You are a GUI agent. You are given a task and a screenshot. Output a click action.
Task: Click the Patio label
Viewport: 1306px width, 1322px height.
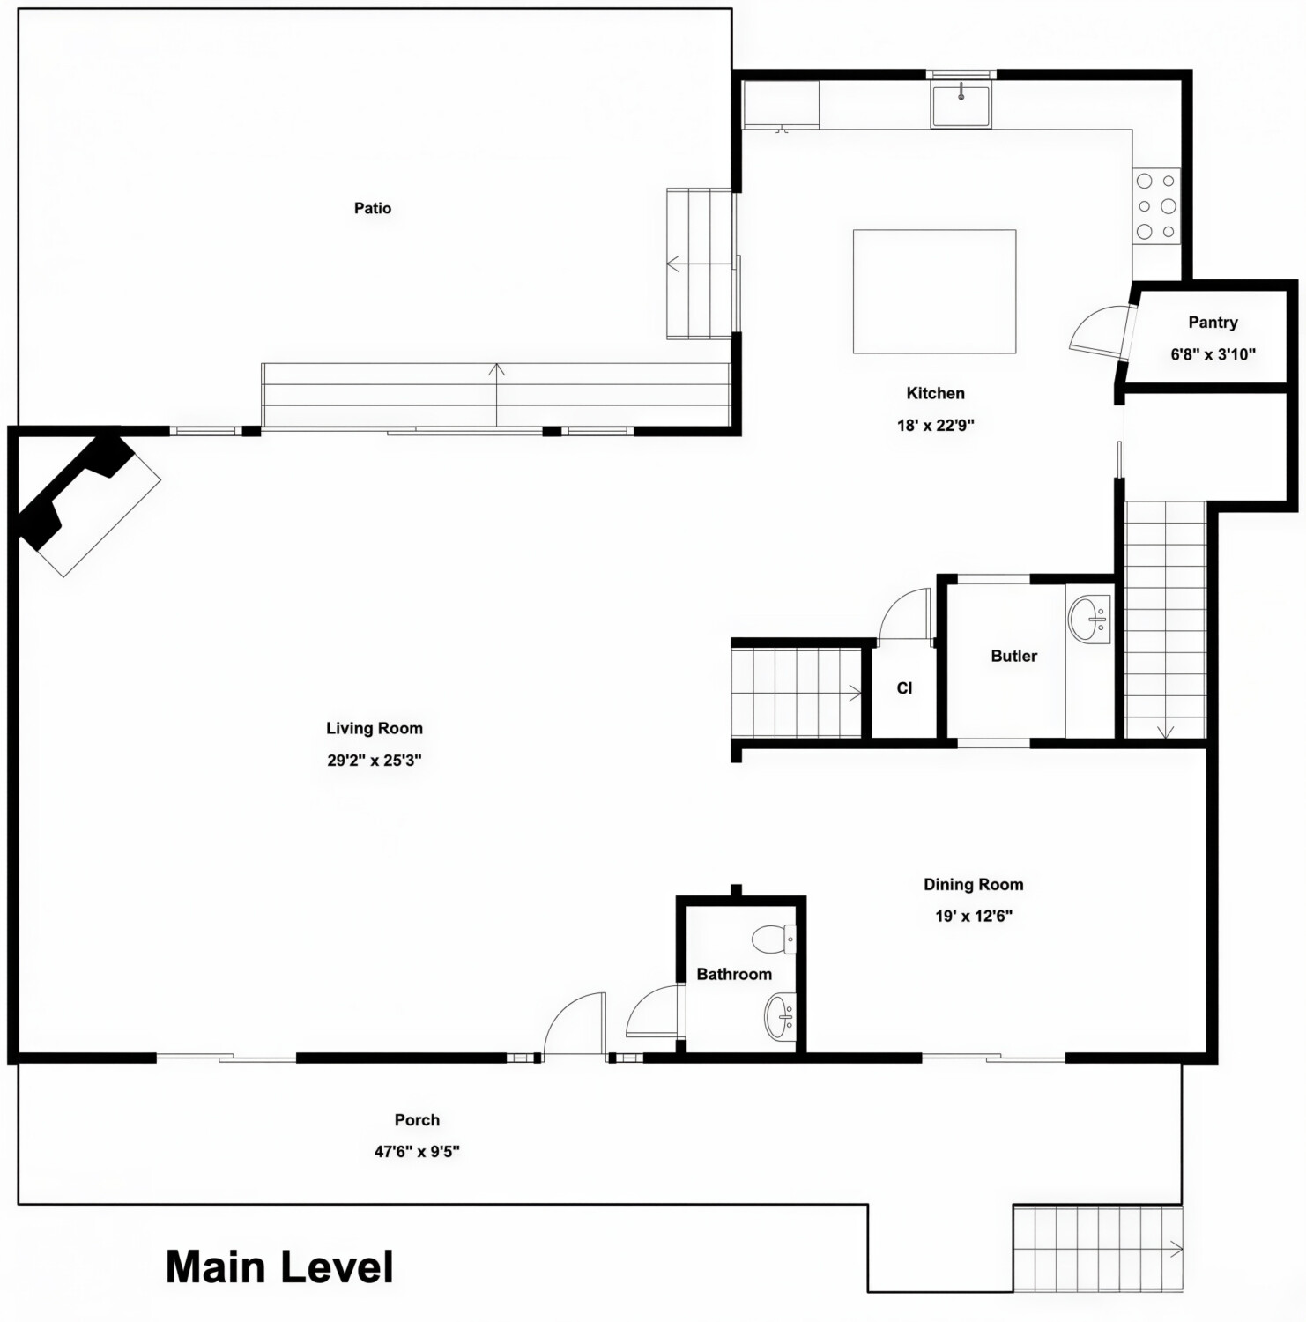pyautogui.click(x=373, y=209)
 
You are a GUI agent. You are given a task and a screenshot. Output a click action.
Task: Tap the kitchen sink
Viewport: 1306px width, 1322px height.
pyautogui.click(x=961, y=104)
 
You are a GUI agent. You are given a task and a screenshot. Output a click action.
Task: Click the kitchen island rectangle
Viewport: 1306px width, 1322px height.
pyautogui.click(x=934, y=292)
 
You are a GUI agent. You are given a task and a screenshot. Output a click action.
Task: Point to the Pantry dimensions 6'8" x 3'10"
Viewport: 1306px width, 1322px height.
pyautogui.click(x=1213, y=354)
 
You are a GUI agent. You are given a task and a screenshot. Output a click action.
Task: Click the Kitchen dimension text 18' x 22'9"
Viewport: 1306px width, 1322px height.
pyautogui.click(x=935, y=426)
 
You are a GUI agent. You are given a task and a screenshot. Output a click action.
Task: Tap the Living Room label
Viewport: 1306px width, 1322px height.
pyautogui.click(x=375, y=729)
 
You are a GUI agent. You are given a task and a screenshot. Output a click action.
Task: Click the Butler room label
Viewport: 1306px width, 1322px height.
pyautogui.click(x=1013, y=657)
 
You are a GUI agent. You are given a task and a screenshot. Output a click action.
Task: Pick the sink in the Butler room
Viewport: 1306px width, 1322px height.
pyautogui.click(x=1089, y=620)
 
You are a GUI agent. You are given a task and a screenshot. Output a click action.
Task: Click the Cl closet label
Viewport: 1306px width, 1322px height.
pyautogui.click(x=904, y=688)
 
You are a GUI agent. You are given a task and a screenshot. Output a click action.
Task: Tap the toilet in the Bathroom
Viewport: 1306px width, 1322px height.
pyautogui.click(x=775, y=940)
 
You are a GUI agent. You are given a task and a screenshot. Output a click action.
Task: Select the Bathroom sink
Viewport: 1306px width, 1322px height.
pyautogui.click(x=780, y=1017)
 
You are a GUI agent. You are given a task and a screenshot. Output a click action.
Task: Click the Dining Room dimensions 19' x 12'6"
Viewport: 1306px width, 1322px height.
pyautogui.click(x=973, y=917)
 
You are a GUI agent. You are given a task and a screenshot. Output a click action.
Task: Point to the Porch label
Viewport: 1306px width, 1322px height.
pyautogui.click(x=417, y=1120)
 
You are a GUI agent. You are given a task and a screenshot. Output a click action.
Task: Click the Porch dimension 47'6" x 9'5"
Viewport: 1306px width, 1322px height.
pyautogui.click(x=417, y=1152)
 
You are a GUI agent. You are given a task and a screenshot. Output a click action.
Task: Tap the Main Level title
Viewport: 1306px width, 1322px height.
pyautogui.click(x=279, y=1267)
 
